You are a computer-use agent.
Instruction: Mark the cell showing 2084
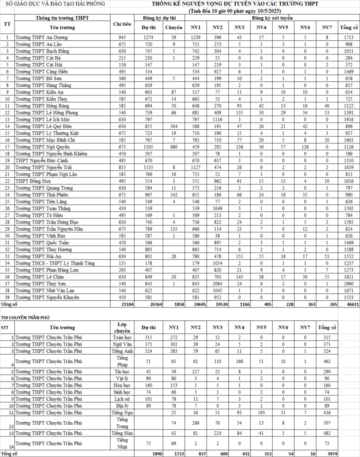pyautogui.click(x=217, y=283)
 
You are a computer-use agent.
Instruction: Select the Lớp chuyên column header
pyautogui.click(x=122, y=327)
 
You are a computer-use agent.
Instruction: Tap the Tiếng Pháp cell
pyautogui.click(x=122, y=361)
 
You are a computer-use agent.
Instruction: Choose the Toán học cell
pyautogui.click(x=122, y=337)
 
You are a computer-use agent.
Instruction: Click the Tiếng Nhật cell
pyautogui.click(x=122, y=443)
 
